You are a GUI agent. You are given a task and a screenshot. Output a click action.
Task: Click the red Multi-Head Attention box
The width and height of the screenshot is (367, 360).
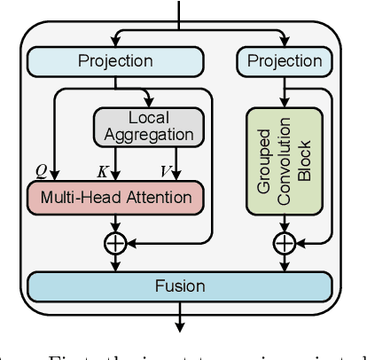click(x=116, y=195)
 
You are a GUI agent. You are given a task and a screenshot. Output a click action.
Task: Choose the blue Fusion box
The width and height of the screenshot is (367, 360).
click(x=180, y=286)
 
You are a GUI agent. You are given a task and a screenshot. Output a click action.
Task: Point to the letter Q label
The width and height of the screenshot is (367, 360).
click(x=41, y=168)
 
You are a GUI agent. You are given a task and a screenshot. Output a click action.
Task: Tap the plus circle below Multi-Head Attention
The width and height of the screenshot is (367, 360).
click(x=116, y=241)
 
